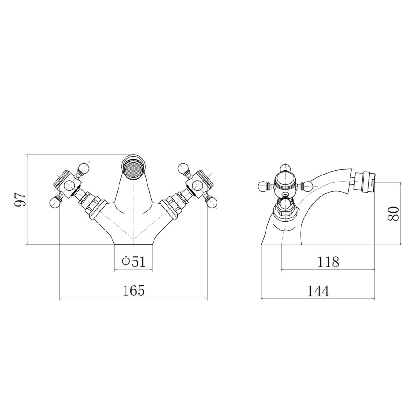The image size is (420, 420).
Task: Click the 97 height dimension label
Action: coord(21,199)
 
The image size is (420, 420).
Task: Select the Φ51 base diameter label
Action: coord(133,261)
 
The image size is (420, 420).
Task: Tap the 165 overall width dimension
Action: coord(133,291)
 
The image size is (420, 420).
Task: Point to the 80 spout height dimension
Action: coord(393,213)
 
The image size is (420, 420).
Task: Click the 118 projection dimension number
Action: coord(328,262)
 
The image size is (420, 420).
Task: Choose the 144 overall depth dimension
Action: coord(318,291)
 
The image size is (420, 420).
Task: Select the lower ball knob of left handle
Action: coord(55,203)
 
